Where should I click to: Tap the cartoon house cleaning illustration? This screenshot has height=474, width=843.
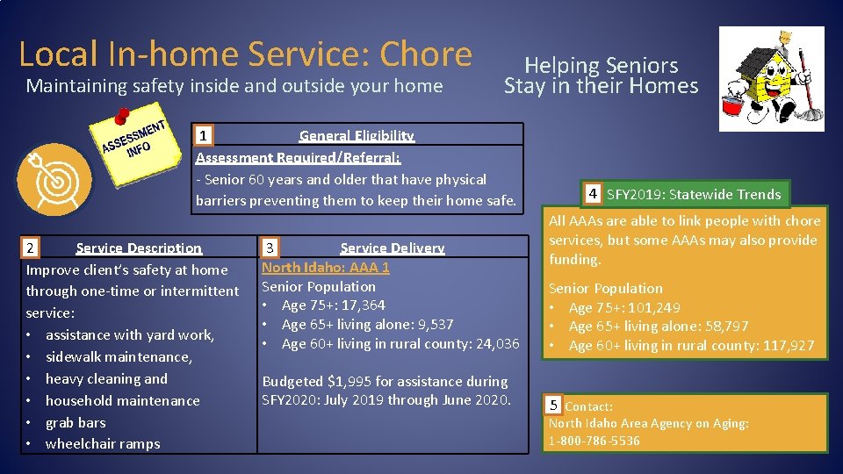click(771, 79)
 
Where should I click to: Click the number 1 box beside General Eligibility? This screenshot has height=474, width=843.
click(204, 136)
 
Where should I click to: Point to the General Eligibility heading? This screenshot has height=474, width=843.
click(356, 136)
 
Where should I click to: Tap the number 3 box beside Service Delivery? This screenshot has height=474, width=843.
click(272, 248)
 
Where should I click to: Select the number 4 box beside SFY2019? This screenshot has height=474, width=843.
click(594, 194)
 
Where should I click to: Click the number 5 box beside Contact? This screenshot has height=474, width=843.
click(553, 406)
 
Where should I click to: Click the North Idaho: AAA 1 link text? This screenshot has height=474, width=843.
click(325, 267)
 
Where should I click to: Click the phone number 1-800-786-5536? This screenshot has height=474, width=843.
click(594, 441)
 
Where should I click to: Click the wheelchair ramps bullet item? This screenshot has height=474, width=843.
click(103, 444)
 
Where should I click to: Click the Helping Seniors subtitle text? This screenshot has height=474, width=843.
click(601, 65)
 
